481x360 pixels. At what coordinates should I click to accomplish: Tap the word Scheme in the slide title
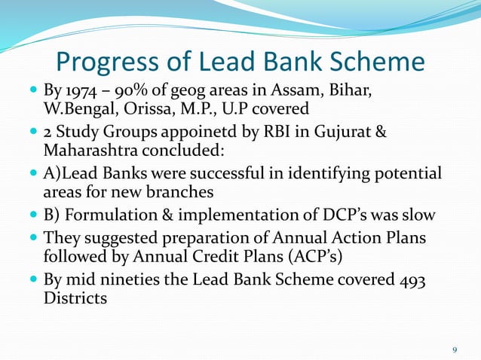click(x=371, y=62)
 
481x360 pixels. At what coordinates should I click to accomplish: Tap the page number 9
click(x=454, y=349)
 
